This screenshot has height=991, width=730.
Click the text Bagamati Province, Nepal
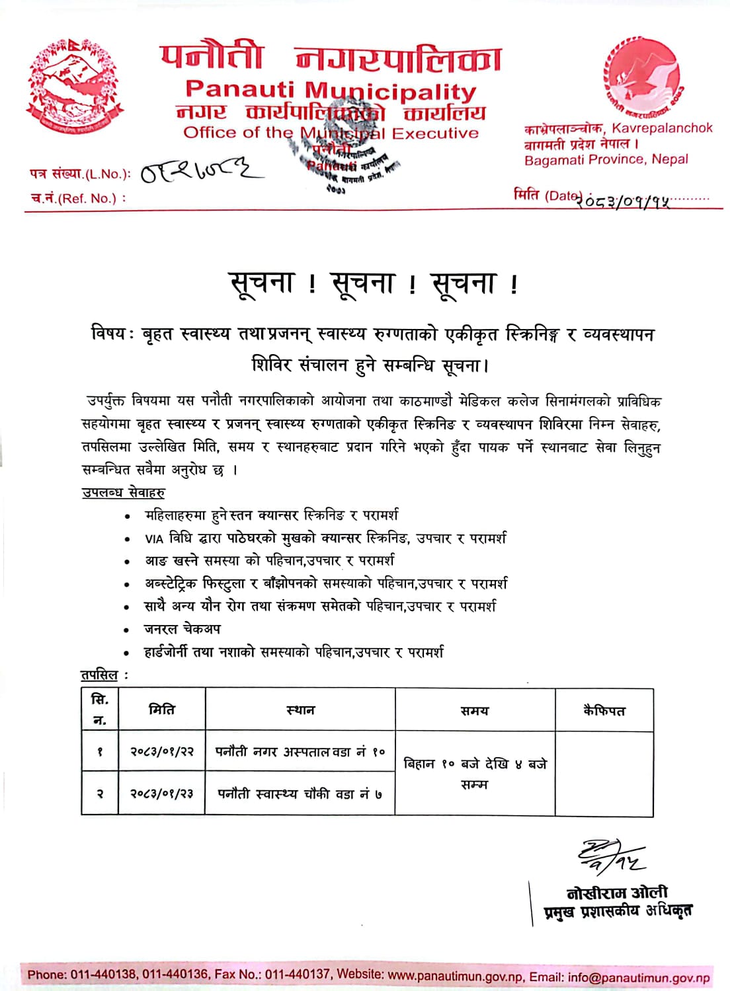click(606, 159)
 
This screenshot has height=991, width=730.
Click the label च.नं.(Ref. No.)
click(78, 198)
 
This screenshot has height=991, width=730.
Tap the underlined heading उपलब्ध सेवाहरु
click(123, 492)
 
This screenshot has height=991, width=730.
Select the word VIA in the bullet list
click(154, 538)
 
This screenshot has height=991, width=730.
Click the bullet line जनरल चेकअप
click(182, 629)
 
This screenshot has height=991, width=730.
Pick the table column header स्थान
click(300, 710)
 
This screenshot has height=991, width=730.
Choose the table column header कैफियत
click(604, 711)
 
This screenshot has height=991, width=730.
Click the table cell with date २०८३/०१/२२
click(162, 751)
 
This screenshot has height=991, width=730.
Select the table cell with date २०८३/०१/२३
click(162, 793)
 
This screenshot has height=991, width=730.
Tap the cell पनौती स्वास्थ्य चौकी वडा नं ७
click(300, 793)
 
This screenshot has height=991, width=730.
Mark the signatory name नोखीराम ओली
click(617, 893)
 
